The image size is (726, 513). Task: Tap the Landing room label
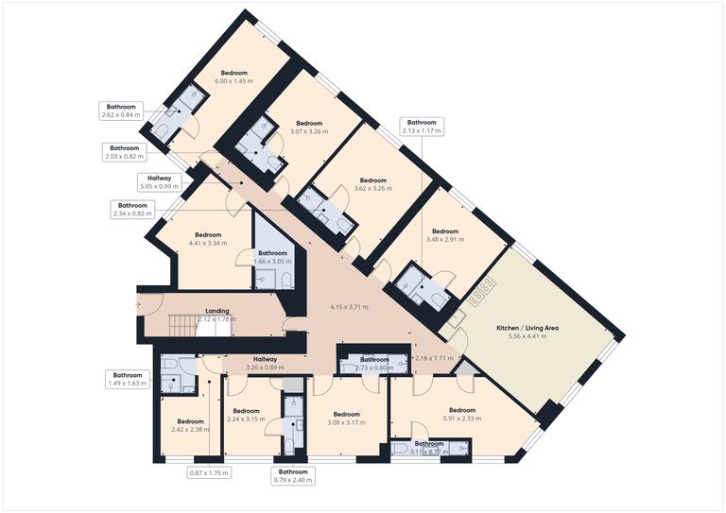(217, 315)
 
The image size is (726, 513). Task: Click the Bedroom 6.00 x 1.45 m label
(234, 77)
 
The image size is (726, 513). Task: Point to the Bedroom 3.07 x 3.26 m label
(309, 128)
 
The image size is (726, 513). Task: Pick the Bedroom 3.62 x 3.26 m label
(373, 184)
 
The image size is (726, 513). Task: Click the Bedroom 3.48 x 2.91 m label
(445, 236)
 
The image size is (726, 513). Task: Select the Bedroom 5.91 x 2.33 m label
(462, 414)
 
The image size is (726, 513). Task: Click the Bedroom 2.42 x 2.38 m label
(189, 426)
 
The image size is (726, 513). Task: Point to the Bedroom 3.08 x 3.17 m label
(347, 419)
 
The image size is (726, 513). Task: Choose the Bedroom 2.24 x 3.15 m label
(246, 416)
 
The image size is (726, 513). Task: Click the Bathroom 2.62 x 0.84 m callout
(121, 111)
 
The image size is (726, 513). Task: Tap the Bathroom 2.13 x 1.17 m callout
(422, 127)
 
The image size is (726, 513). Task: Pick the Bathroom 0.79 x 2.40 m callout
(293, 475)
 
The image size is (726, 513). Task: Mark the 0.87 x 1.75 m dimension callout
(209, 472)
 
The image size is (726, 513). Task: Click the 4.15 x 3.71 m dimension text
(349, 307)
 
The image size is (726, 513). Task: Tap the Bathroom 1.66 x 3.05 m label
(273, 258)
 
